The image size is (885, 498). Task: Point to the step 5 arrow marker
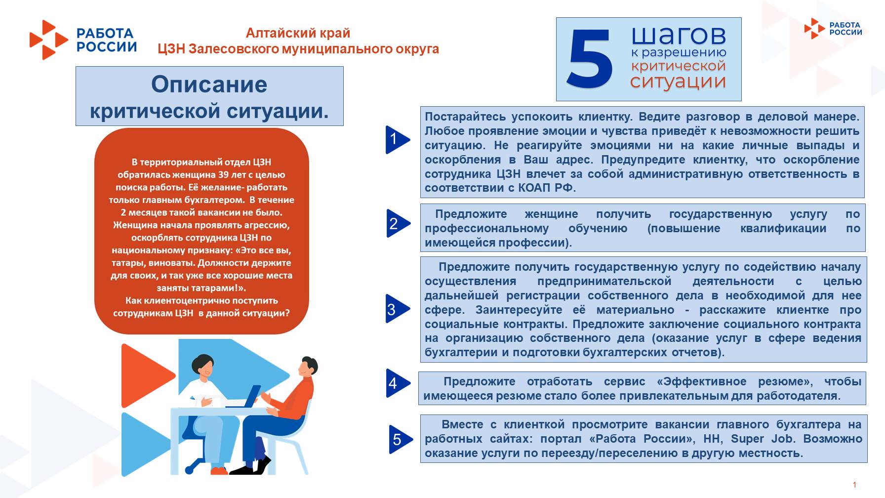click(400, 439)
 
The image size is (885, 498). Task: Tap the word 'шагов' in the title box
click(679, 36)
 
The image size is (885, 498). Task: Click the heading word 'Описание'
click(209, 84)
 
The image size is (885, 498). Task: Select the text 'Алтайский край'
click(298, 33)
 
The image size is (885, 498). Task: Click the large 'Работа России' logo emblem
click(48, 40)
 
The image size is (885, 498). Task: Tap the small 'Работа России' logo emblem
click(814, 28)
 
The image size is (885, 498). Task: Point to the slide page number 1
click(854, 485)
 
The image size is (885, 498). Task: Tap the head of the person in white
click(203, 365)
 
